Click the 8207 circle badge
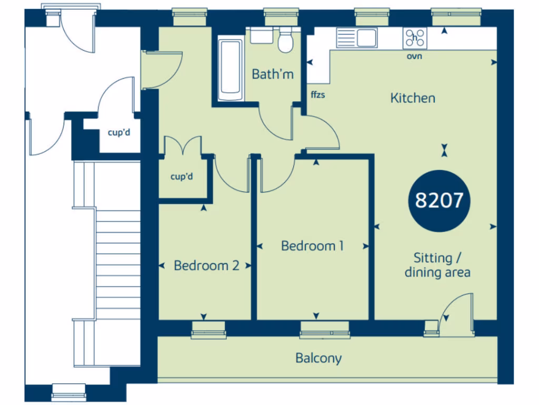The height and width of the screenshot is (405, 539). coord(439,200)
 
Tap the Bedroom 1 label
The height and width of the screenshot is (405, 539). coord(312,246)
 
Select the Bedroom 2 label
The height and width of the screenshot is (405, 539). coord(206,265)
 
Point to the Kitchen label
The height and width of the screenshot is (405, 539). coord(413,98)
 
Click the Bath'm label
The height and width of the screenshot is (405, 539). coord(272,74)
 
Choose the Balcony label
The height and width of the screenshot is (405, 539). coord(318,359)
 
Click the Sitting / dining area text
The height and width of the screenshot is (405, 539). coord(437,265)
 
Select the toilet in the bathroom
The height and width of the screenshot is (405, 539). coord(285,41)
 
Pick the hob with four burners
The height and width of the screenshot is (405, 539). coord(415,38)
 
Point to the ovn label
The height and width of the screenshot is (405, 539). coord(414,56)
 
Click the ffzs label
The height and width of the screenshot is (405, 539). coord(317,95)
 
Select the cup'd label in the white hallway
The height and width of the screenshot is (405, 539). coord(118,132)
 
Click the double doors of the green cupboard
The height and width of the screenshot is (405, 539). coord(182,146)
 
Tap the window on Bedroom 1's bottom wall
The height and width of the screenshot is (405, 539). coord(325,330)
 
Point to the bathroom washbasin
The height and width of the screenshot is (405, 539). coord(261,35)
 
